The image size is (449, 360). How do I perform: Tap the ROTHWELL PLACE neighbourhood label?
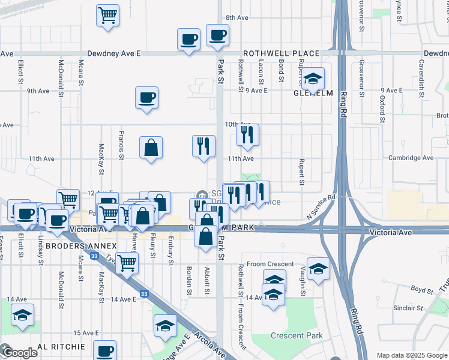point(281,53)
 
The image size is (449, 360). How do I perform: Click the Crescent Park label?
point(297,336)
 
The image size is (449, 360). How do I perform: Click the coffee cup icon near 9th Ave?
point(147,98)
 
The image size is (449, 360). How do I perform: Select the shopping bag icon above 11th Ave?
point(151,147)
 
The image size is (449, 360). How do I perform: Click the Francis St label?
point(121,146)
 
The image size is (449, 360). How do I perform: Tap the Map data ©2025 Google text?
point(411,355)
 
